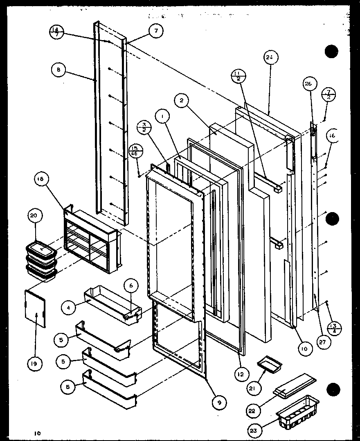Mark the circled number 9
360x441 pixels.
(220, 403)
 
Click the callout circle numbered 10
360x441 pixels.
(305, 348)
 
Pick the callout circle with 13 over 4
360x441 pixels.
(335, 328)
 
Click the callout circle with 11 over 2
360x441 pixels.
(238, 76)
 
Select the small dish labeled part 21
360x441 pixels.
(268, 363)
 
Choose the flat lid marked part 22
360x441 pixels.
(295, 385)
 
